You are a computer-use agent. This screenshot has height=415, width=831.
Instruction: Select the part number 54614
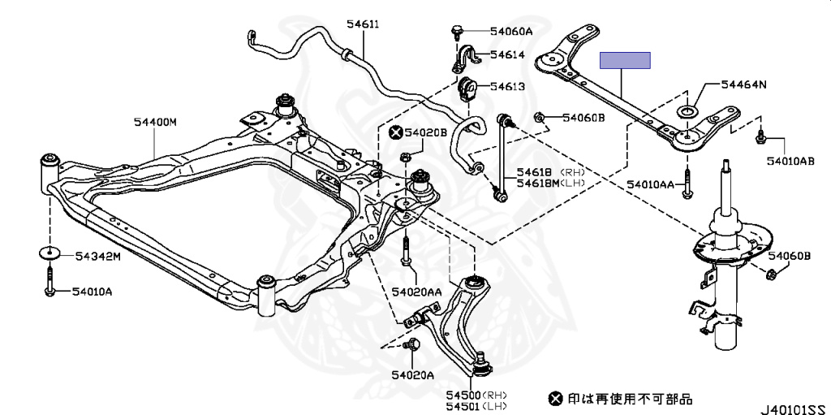click(507, 56)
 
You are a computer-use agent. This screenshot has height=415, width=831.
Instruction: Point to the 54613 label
click(507, 86)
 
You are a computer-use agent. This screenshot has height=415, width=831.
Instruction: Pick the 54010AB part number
click(790, 161)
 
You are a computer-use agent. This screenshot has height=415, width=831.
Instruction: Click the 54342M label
click(98, 256)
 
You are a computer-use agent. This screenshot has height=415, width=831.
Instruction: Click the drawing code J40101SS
click(792, 409)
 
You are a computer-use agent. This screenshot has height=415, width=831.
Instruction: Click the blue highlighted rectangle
click(625, 60)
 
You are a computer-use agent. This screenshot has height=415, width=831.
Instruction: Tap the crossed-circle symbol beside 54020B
click(395, 132)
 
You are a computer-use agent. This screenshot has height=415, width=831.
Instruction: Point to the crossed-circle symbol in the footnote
click(555, 399)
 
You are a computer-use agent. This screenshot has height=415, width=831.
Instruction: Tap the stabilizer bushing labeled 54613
click(467, 87)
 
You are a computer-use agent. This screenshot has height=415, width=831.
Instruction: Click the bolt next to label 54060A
click(457, 32)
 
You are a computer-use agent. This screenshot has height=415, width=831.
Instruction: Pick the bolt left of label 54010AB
click(761, 137)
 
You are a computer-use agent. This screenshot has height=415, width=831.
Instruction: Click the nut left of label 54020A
click(411, 344)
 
